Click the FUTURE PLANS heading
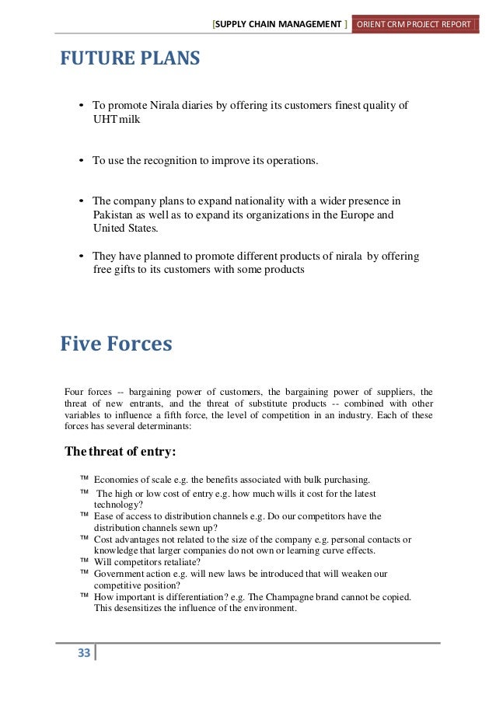130,59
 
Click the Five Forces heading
116,344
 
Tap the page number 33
83,652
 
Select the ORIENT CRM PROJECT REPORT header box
414,25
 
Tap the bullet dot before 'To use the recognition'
82,161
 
